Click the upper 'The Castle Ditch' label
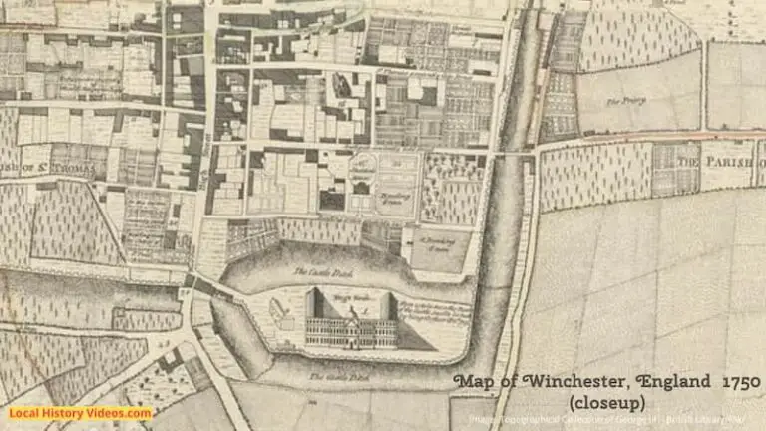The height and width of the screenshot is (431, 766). [x=314, y=271]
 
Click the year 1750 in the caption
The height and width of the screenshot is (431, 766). [x=740, y=382]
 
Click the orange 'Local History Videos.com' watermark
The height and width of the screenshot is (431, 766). [x=80, y=413]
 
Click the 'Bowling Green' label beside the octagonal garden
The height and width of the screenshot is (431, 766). [x=395, y=197]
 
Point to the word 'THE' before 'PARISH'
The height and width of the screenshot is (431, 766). [x=688, y=161]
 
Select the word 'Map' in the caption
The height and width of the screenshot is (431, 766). [x=472, y=382]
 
